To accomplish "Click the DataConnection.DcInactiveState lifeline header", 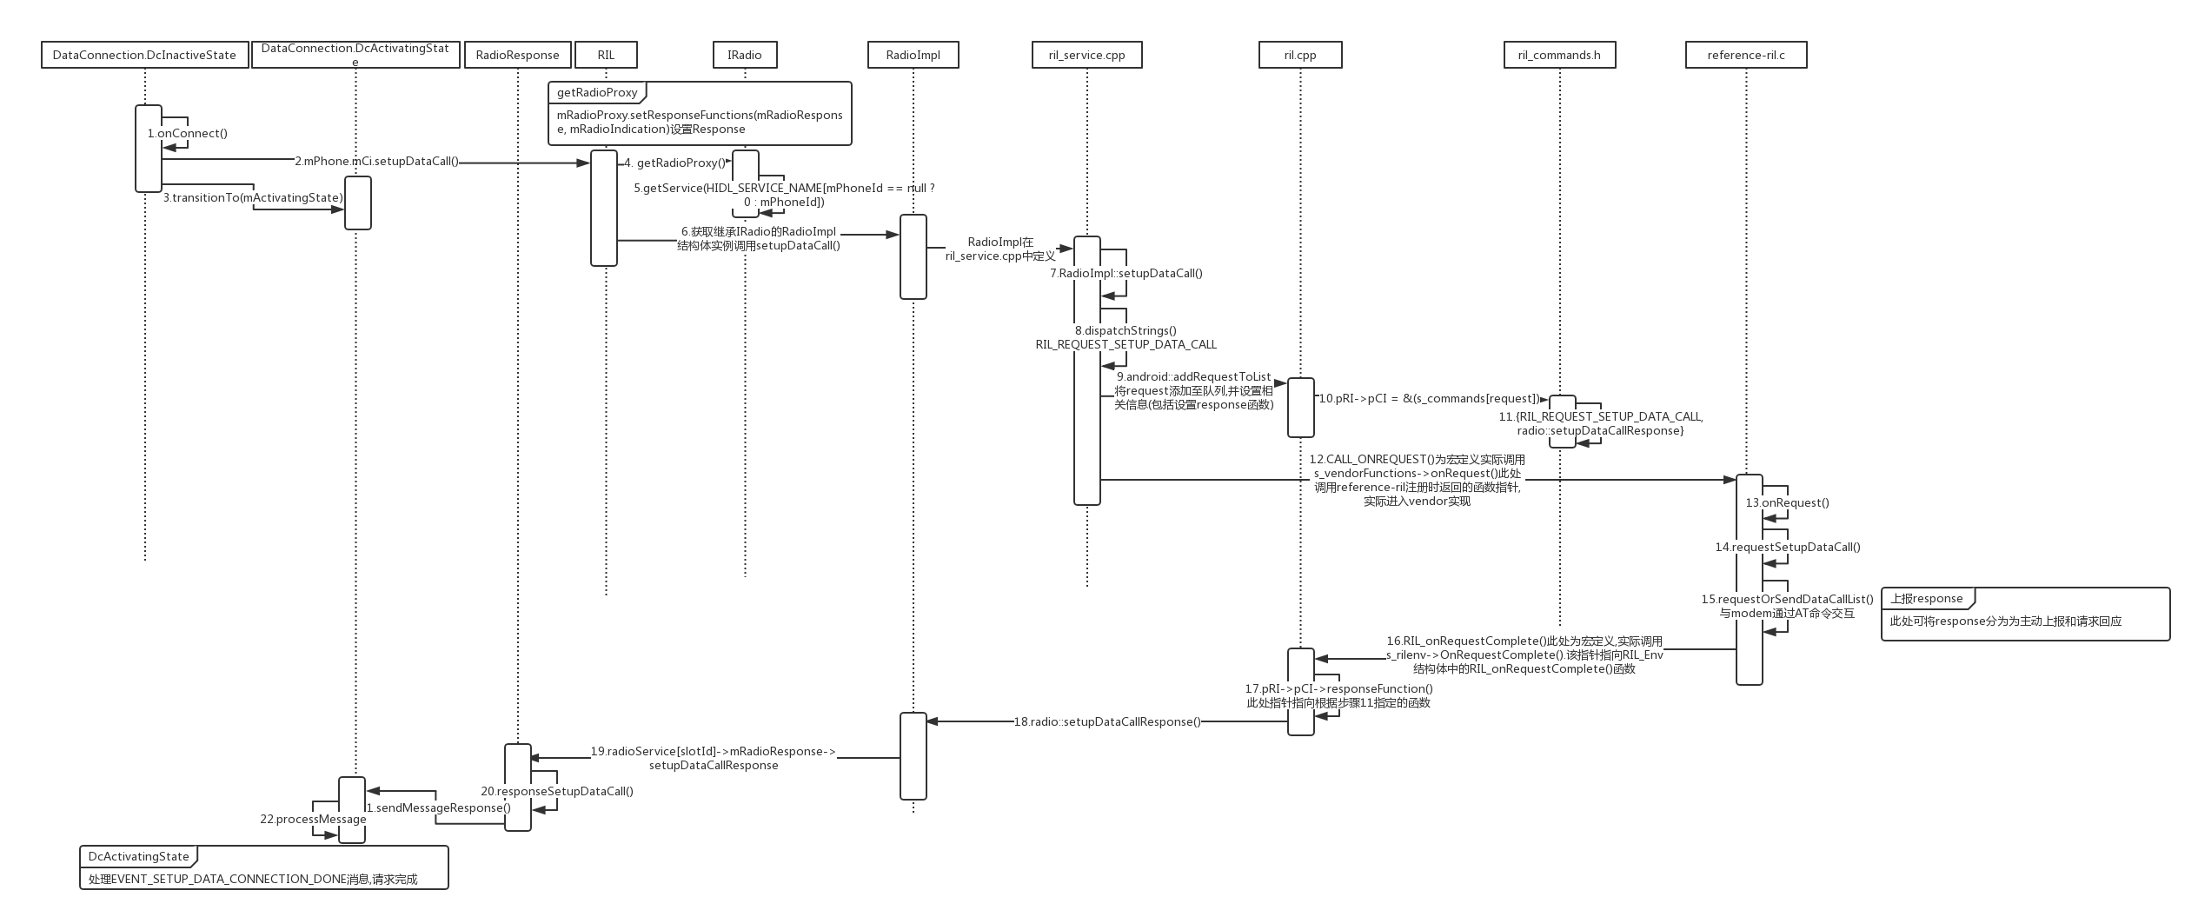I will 144,55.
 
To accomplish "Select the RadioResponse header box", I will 517,55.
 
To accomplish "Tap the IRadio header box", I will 744,55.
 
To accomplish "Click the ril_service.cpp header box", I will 1086,55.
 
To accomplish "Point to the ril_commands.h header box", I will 1559,55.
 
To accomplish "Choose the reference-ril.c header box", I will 1745,55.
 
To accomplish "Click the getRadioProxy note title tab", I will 597,92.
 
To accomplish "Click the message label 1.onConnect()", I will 188,133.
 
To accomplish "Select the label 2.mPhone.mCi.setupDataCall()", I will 376,161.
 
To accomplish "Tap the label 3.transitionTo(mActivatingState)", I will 253,197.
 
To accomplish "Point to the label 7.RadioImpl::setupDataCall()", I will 1126,273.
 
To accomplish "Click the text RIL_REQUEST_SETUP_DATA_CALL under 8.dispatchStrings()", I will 1126,344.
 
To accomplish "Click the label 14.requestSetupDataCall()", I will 1787,547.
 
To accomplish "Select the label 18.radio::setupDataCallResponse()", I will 1107,721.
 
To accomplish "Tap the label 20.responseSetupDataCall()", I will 557,791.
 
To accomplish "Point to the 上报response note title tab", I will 1926,598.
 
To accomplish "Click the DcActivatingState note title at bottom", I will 138,856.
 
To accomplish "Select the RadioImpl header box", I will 913,55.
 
